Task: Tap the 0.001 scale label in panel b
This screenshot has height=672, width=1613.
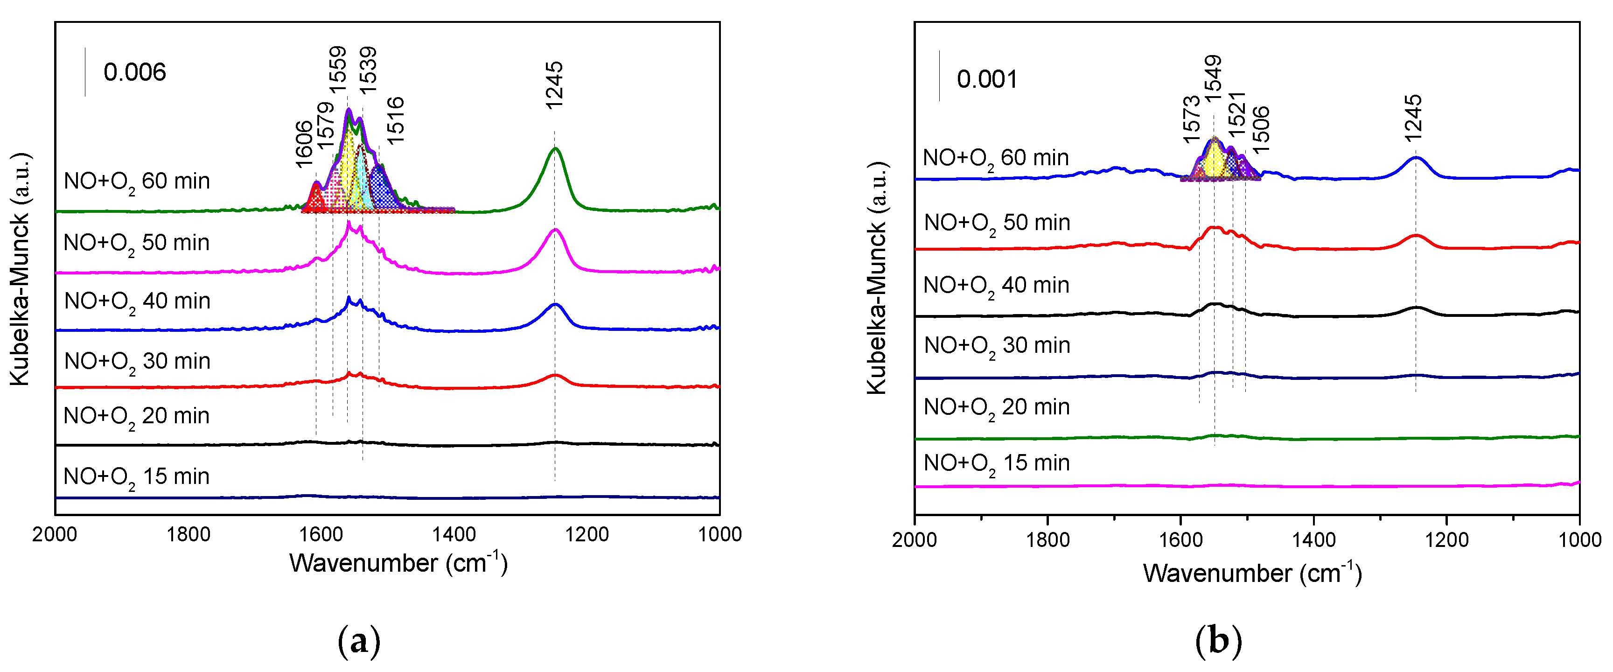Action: click(987, 79)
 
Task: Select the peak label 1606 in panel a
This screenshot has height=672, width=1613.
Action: click(304, 144)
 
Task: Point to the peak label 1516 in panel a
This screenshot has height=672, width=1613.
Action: click(395, 120)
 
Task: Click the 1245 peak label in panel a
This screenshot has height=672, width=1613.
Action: click(554, 85)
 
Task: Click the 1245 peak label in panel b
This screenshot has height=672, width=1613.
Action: click(1413, 119)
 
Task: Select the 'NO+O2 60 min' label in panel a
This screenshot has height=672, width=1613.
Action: click(137, 182)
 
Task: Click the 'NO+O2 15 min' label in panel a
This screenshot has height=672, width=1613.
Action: click(137, 477)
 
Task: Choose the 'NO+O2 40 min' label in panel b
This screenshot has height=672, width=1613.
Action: click(996, 286)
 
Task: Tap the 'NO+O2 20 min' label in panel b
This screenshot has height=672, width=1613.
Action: click(996, 408)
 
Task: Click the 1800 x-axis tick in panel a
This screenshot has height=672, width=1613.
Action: click(189, 534)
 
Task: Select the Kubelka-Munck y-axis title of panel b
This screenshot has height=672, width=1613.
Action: click(877, 279)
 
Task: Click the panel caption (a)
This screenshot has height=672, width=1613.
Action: click(359, 641)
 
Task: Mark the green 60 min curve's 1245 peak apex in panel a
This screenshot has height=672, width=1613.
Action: click(555, 148)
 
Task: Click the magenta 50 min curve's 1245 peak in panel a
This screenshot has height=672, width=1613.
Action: click(555, 230)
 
